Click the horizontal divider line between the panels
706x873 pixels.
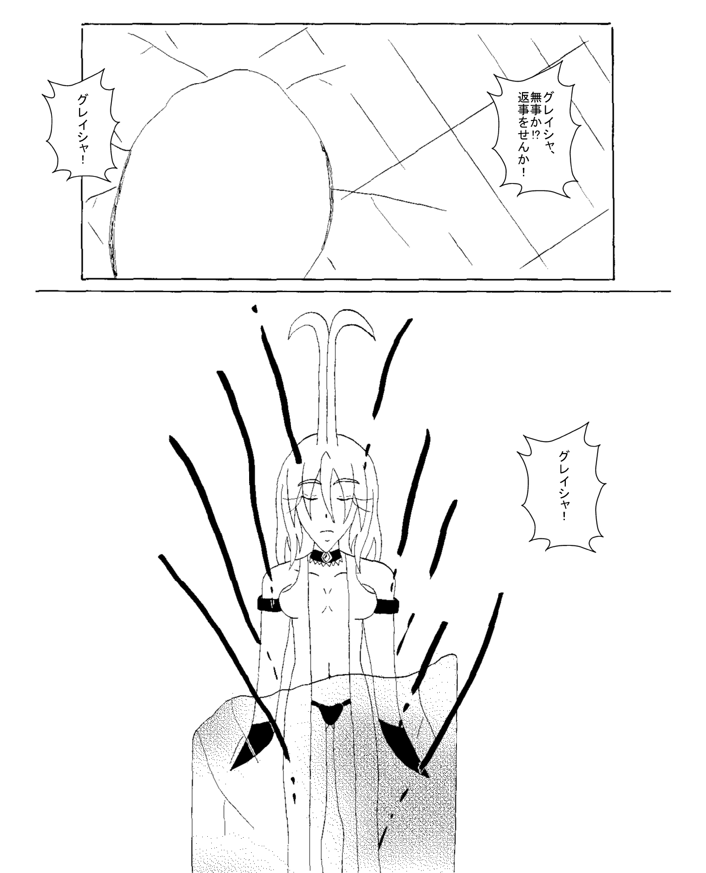click(353, 291)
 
